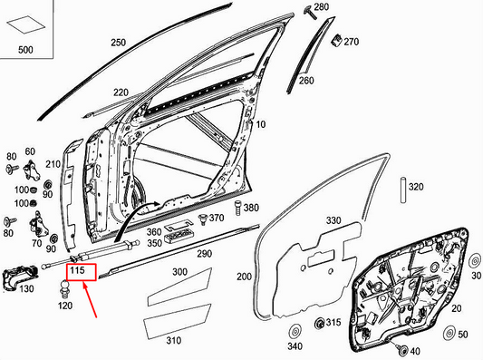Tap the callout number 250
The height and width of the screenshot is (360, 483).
pyautogui.click(x=119, y=43)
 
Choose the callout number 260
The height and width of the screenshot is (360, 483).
pyautogui.click(x=305, y=81)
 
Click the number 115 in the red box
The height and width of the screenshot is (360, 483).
pyautogui.click(x=78, y=271)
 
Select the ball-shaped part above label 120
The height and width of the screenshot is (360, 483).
pyautogui.click(x=66, y=290)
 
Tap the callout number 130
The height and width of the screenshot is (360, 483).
pyautogui.click(x=27, y=288)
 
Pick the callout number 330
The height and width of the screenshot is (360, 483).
pyautogui.click(x=333, y=220)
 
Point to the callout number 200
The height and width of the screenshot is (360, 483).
pyautogui.click(x=244, y=276)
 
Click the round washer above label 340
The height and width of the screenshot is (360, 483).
pyautogui.click(x=293, y=330)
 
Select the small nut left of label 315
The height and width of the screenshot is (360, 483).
pyautogui.click(x=319, y=324)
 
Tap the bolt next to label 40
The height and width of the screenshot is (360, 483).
pyautogui.click(x=401, y=349)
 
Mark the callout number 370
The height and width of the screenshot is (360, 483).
pyautogui.click(x=217, y=219)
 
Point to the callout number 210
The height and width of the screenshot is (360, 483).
pyautogui.click(x=53, y=164)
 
